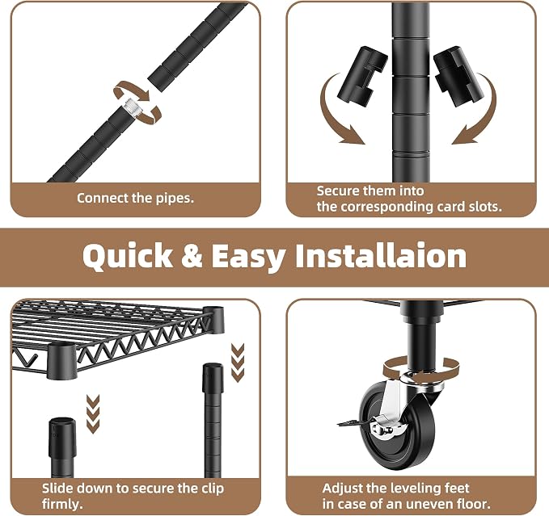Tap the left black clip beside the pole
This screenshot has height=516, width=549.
pyautogui.click(x=362, y=76)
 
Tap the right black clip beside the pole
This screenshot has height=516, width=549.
pyautogui.click(x=458, y=76)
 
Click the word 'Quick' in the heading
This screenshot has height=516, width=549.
pyautogui.click(x=128, y=257)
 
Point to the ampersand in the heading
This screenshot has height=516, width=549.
pyautogui.click(x=192, y=256)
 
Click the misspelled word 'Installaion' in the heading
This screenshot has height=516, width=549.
pyautogui.click(x=381, y=255)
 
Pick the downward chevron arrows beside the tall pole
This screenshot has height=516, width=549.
pyautogui.click(x=238, y=363)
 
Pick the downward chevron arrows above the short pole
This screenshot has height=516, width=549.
pyautogui.click(x=93, y=414)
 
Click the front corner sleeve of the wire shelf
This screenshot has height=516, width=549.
pyautogui.click(x=61, y=361)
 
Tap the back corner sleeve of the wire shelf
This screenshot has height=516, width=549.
pyautogui.click(x=213, y=319)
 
